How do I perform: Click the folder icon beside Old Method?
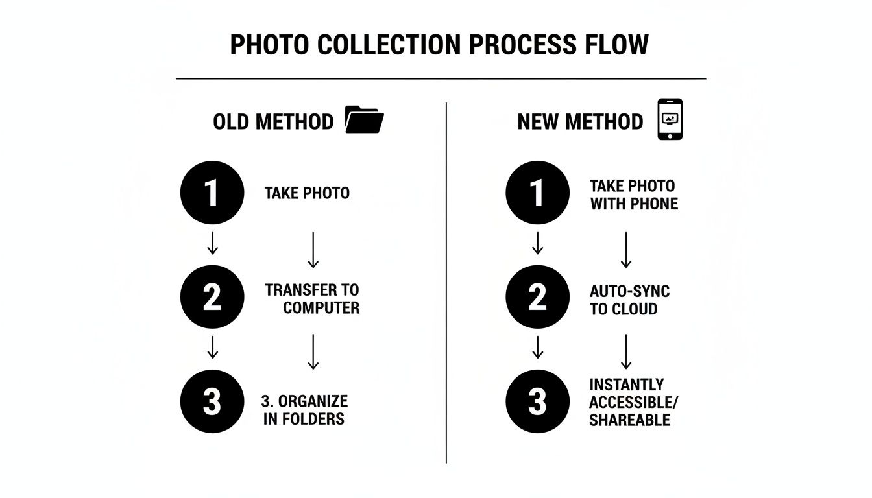365,120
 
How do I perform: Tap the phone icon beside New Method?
670,119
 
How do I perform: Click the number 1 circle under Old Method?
212,193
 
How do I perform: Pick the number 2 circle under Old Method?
212,297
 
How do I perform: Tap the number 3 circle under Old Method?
212,401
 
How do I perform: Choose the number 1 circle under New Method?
537,193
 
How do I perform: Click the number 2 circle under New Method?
537,297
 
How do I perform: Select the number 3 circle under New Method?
537,401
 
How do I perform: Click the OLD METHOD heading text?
273,122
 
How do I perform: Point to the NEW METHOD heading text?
580,122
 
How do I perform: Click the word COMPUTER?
321,307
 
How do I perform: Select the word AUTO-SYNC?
629,291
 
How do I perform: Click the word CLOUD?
633,309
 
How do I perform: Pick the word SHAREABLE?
629,420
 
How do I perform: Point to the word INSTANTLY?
627,385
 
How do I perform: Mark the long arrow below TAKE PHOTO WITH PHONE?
626,250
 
